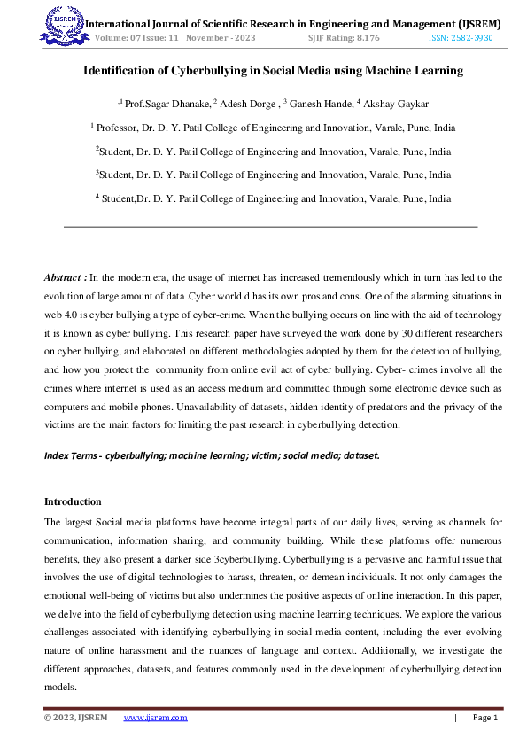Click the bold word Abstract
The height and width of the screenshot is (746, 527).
(x=65, y=277)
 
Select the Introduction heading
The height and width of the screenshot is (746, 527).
(x=73, y=501)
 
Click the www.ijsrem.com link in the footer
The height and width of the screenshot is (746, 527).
(x=155, y=718)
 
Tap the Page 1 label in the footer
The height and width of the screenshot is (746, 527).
(x=485, y=718)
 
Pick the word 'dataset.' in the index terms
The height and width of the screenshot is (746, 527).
(x=362, y=455)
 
